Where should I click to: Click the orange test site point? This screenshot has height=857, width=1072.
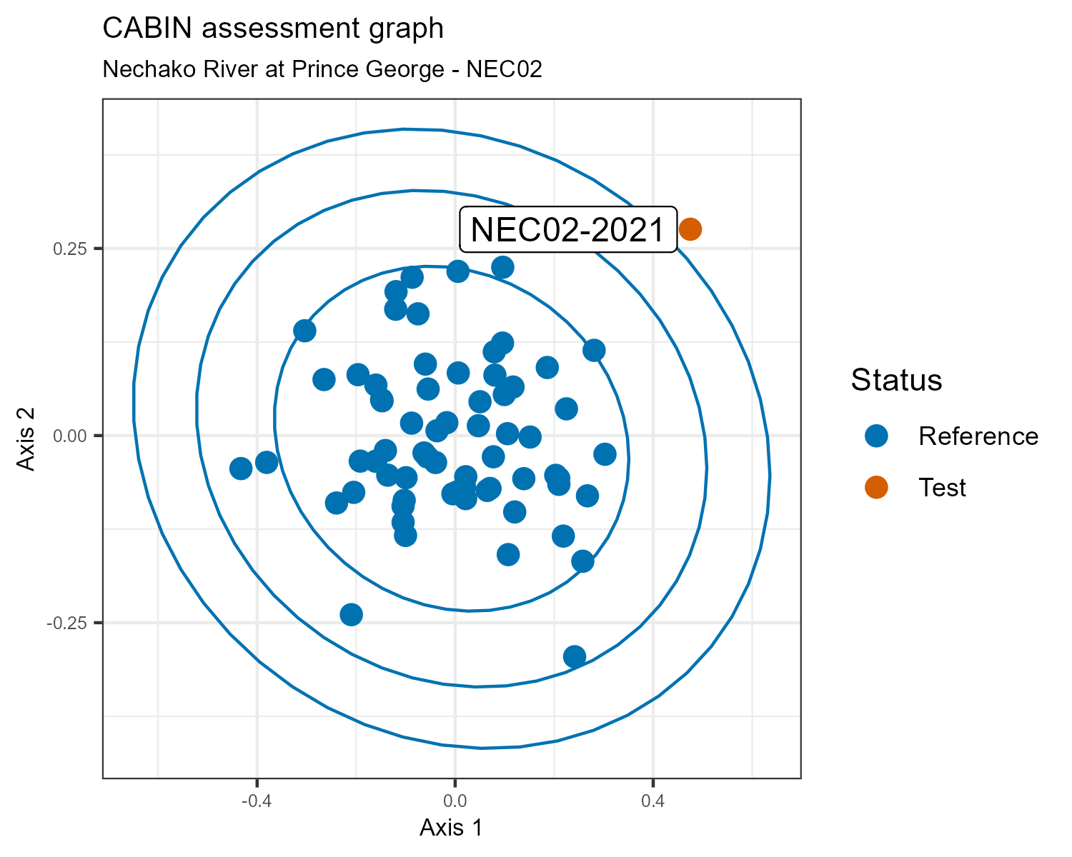click(x=690, y=229)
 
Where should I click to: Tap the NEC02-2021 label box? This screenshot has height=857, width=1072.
click(x=568, y=230)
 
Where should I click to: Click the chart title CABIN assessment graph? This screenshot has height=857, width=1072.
click(x=273, y=29)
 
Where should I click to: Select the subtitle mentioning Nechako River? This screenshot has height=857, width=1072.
click(x=322, y=69)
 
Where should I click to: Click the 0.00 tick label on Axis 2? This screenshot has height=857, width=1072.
click(x=71, y=436)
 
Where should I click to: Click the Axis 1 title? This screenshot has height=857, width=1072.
click(x=451, y=828)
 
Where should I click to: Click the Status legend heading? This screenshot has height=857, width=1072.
click(x=896, y=381)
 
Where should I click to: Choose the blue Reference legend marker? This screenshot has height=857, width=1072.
click(x=876, y=436)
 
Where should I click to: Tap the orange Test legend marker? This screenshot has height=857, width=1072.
click(x=876, y=487)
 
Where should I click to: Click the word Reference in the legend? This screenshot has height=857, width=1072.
click(x=978, y=436)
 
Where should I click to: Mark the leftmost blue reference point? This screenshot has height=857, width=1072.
click(x=241, y=468)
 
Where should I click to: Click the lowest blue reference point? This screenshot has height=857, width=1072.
click(x=575, y=656)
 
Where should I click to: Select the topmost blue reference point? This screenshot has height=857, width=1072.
click(x=503, y=267)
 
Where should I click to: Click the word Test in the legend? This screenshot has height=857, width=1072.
click(x=942, y=488)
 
